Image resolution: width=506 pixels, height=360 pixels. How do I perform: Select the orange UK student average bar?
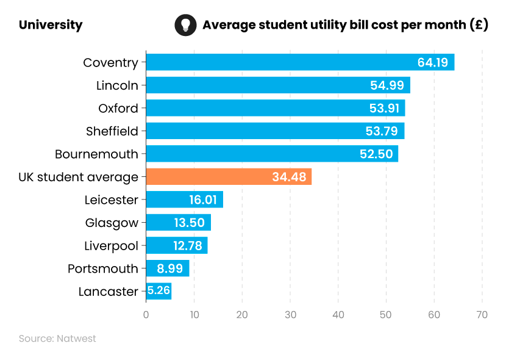point(229,177)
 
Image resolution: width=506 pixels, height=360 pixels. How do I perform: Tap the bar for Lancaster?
point(159,291)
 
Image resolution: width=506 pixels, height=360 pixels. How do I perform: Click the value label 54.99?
point(387,85)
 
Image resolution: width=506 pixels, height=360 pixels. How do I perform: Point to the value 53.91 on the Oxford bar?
point(382,109)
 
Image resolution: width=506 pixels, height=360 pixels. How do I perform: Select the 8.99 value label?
point(169,268)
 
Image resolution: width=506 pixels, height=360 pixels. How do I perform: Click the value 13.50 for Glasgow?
point(189,223)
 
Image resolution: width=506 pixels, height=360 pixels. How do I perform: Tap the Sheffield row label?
point(112,131)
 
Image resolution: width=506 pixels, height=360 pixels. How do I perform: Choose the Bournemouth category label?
point(96,154)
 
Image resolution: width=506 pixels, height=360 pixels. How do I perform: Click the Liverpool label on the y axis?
point(111,246)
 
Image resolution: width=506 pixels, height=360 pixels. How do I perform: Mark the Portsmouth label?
point(102,268)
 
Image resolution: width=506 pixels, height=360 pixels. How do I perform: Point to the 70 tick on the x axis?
point(482,315)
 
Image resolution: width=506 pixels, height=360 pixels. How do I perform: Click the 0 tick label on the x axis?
point(146,315)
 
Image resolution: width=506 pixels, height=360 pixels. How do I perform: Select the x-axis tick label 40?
point(338,315)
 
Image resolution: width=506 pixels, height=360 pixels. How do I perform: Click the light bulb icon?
point(185,25)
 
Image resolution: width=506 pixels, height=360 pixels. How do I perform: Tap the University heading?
point(50,25)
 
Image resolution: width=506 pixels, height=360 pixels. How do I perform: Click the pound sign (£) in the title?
point(479,25)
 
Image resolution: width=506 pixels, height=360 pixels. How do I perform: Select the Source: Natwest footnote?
point(57,339)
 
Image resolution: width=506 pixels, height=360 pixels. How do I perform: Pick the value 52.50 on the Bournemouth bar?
point(376,154)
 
